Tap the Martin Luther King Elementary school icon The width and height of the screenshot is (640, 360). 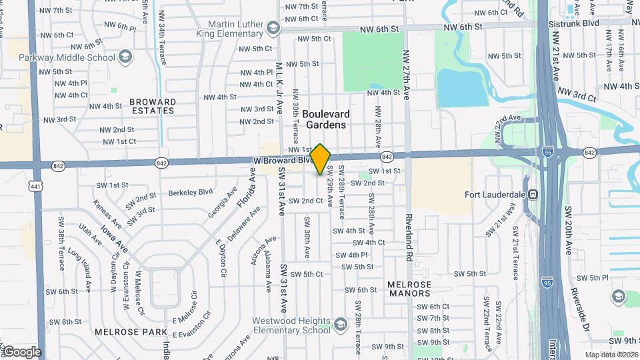[272, 28]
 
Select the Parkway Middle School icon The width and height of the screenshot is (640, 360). [125, 57]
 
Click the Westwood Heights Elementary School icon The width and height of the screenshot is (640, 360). [340, 325]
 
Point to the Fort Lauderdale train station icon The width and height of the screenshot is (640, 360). [533, 195]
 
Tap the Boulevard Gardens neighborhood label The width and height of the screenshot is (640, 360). [326, 119]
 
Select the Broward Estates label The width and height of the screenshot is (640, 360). [153, 107]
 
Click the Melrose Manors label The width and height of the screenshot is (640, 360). [409, 289]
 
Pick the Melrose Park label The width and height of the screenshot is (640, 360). [125, 331]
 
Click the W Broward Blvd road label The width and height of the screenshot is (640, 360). [281, 161]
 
